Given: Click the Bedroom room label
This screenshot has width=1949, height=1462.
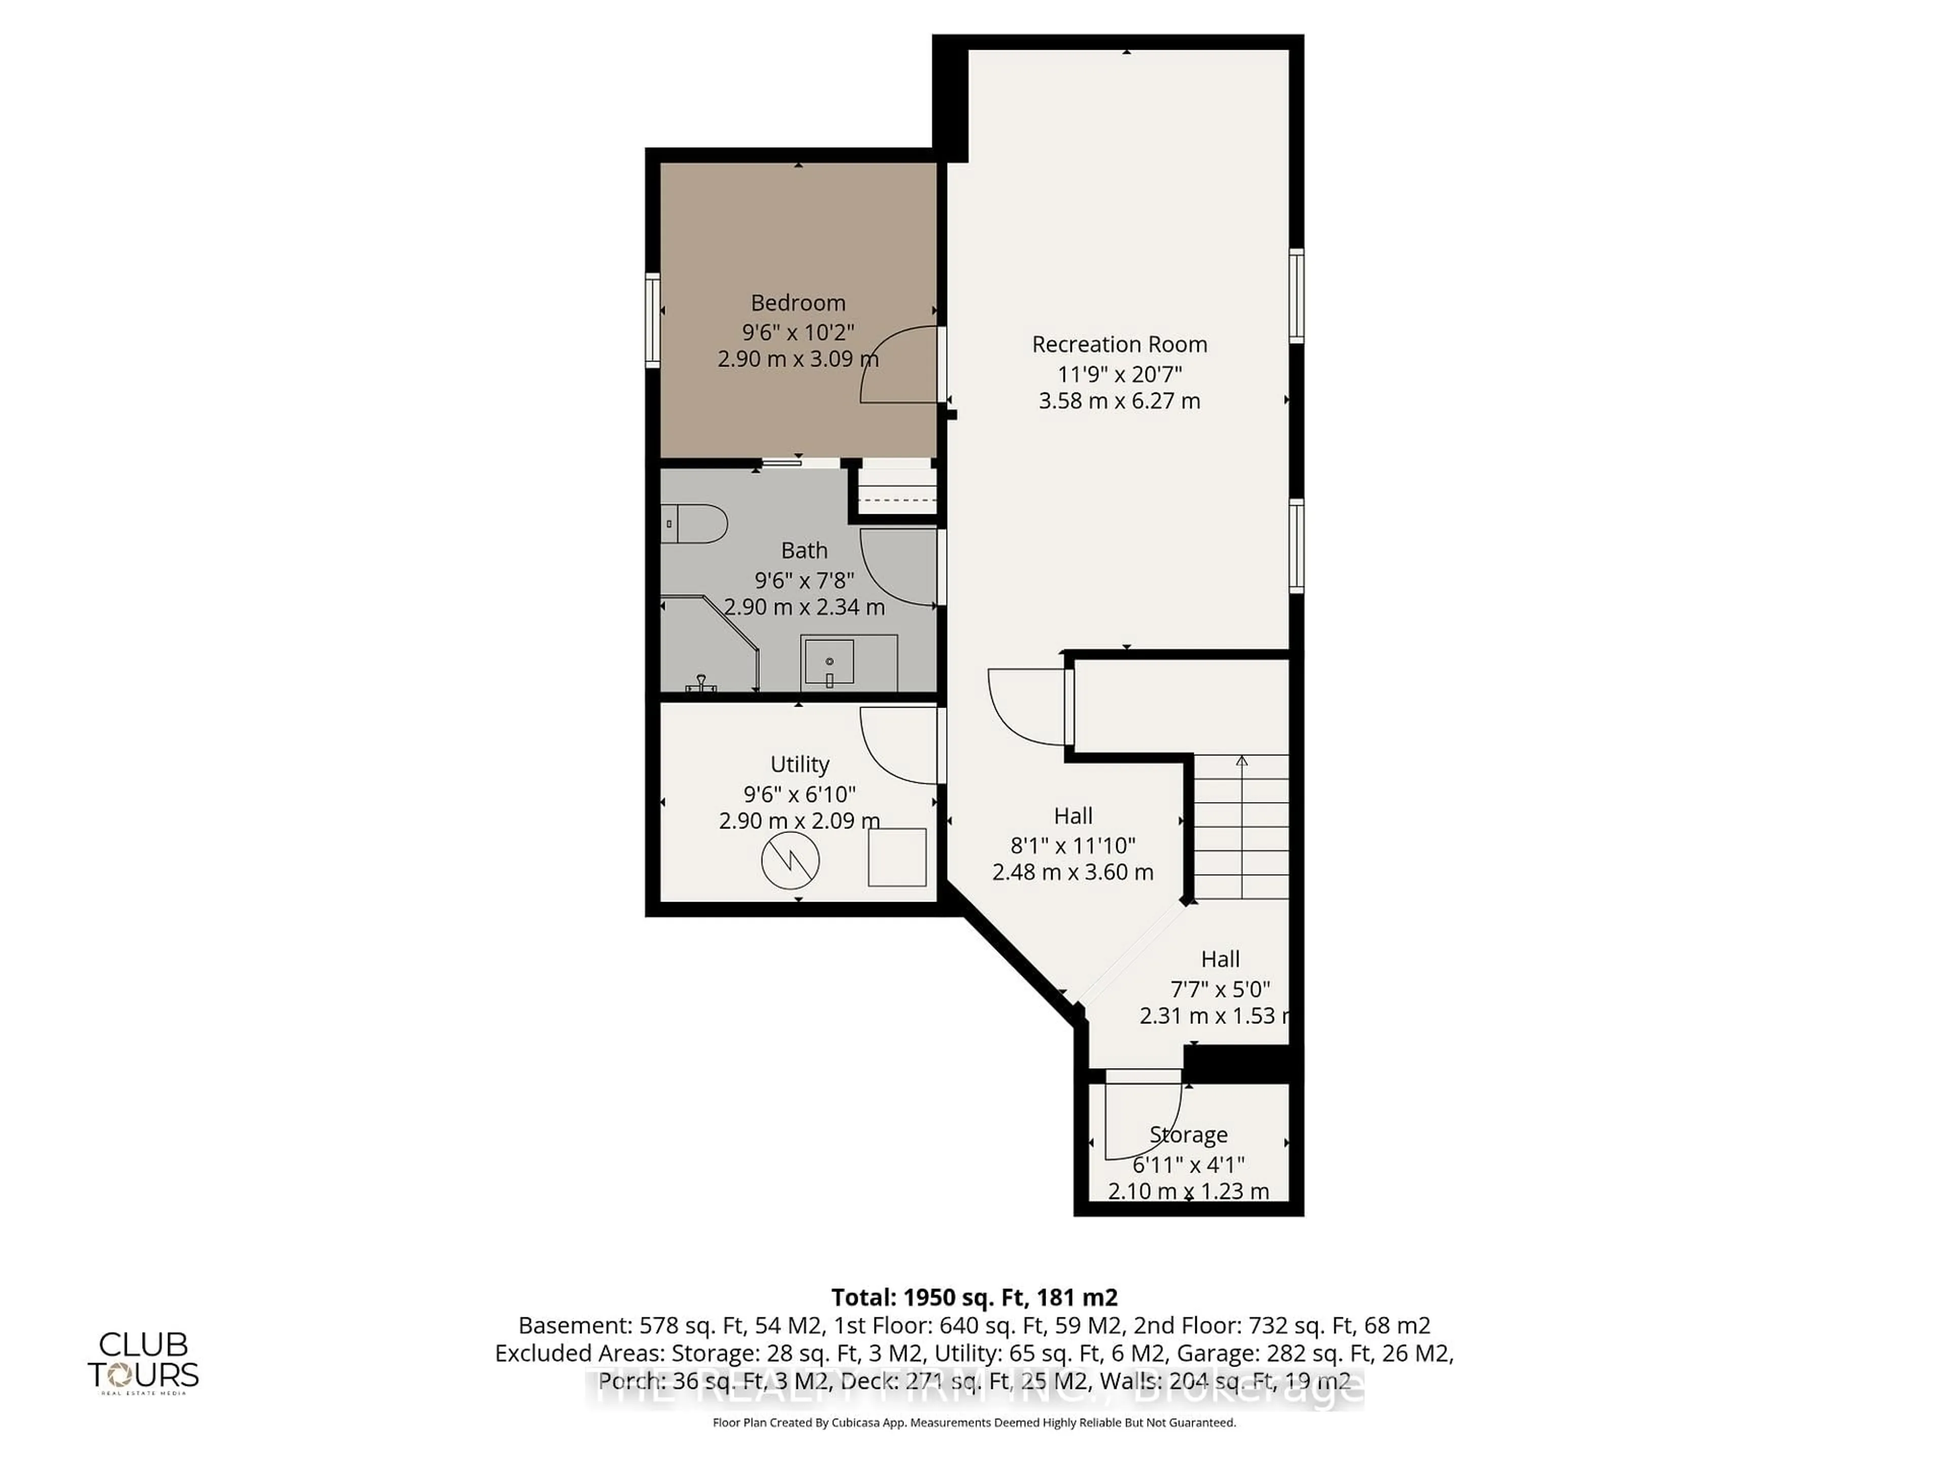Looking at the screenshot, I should point(797,303).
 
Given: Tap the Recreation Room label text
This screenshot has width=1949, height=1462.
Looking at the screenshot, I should point(1119,345).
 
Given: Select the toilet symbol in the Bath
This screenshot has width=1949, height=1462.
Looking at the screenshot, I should point(694,523).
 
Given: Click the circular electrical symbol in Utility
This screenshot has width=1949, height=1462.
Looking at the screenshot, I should point(790,860).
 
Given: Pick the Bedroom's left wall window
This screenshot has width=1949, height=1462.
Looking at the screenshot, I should point(653,320).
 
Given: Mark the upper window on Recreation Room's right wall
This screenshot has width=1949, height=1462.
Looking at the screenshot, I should point(1296,296).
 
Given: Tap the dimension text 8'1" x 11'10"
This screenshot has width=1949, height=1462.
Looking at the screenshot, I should point(1072,845).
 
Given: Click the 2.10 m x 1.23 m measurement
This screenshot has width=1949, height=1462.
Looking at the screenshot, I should point(1188,1191).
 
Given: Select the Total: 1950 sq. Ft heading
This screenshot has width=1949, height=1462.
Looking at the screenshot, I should point(973,1297).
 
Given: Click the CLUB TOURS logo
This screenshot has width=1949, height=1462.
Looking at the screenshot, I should point(143,1361).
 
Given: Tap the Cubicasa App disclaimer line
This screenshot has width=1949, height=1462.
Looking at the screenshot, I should point(973,1422).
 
